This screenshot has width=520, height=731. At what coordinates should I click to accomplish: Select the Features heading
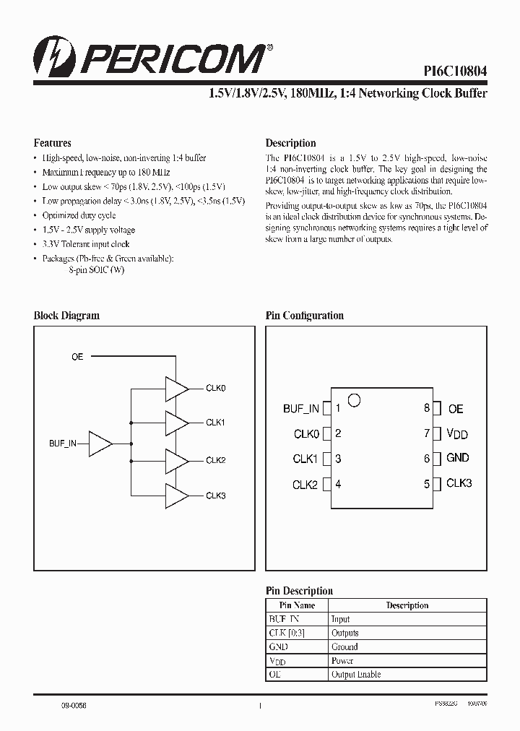tap(53, 143)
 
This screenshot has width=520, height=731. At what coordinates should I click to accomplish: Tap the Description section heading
tap(291, 143)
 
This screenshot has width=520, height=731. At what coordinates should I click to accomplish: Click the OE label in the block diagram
tap(77, 357)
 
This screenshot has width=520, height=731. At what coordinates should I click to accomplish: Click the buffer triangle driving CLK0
tap(176, 389)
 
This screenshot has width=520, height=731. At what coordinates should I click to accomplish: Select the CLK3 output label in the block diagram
tap(216, 496)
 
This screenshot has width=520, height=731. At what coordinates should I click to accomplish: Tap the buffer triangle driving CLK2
tap(176, 460)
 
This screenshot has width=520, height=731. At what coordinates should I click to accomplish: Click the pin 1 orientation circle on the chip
tap(354, 398)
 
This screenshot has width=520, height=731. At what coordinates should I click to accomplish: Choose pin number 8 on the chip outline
tap(427, 408)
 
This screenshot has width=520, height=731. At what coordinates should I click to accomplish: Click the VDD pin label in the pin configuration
tap(457, 433)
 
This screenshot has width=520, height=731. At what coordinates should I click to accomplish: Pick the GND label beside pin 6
tap(458, 458)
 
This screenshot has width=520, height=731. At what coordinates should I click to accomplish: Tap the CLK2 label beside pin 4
tap(305, 485)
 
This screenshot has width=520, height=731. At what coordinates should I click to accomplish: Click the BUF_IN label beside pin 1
tap(300, 409)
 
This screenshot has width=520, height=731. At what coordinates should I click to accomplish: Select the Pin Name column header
tap(298, 605)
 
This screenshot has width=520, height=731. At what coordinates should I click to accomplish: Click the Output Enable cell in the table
tap(356, 675)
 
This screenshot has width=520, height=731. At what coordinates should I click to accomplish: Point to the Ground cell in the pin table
tap(344, 647)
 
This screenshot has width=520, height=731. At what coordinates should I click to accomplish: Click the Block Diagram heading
tap(67, 316)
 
